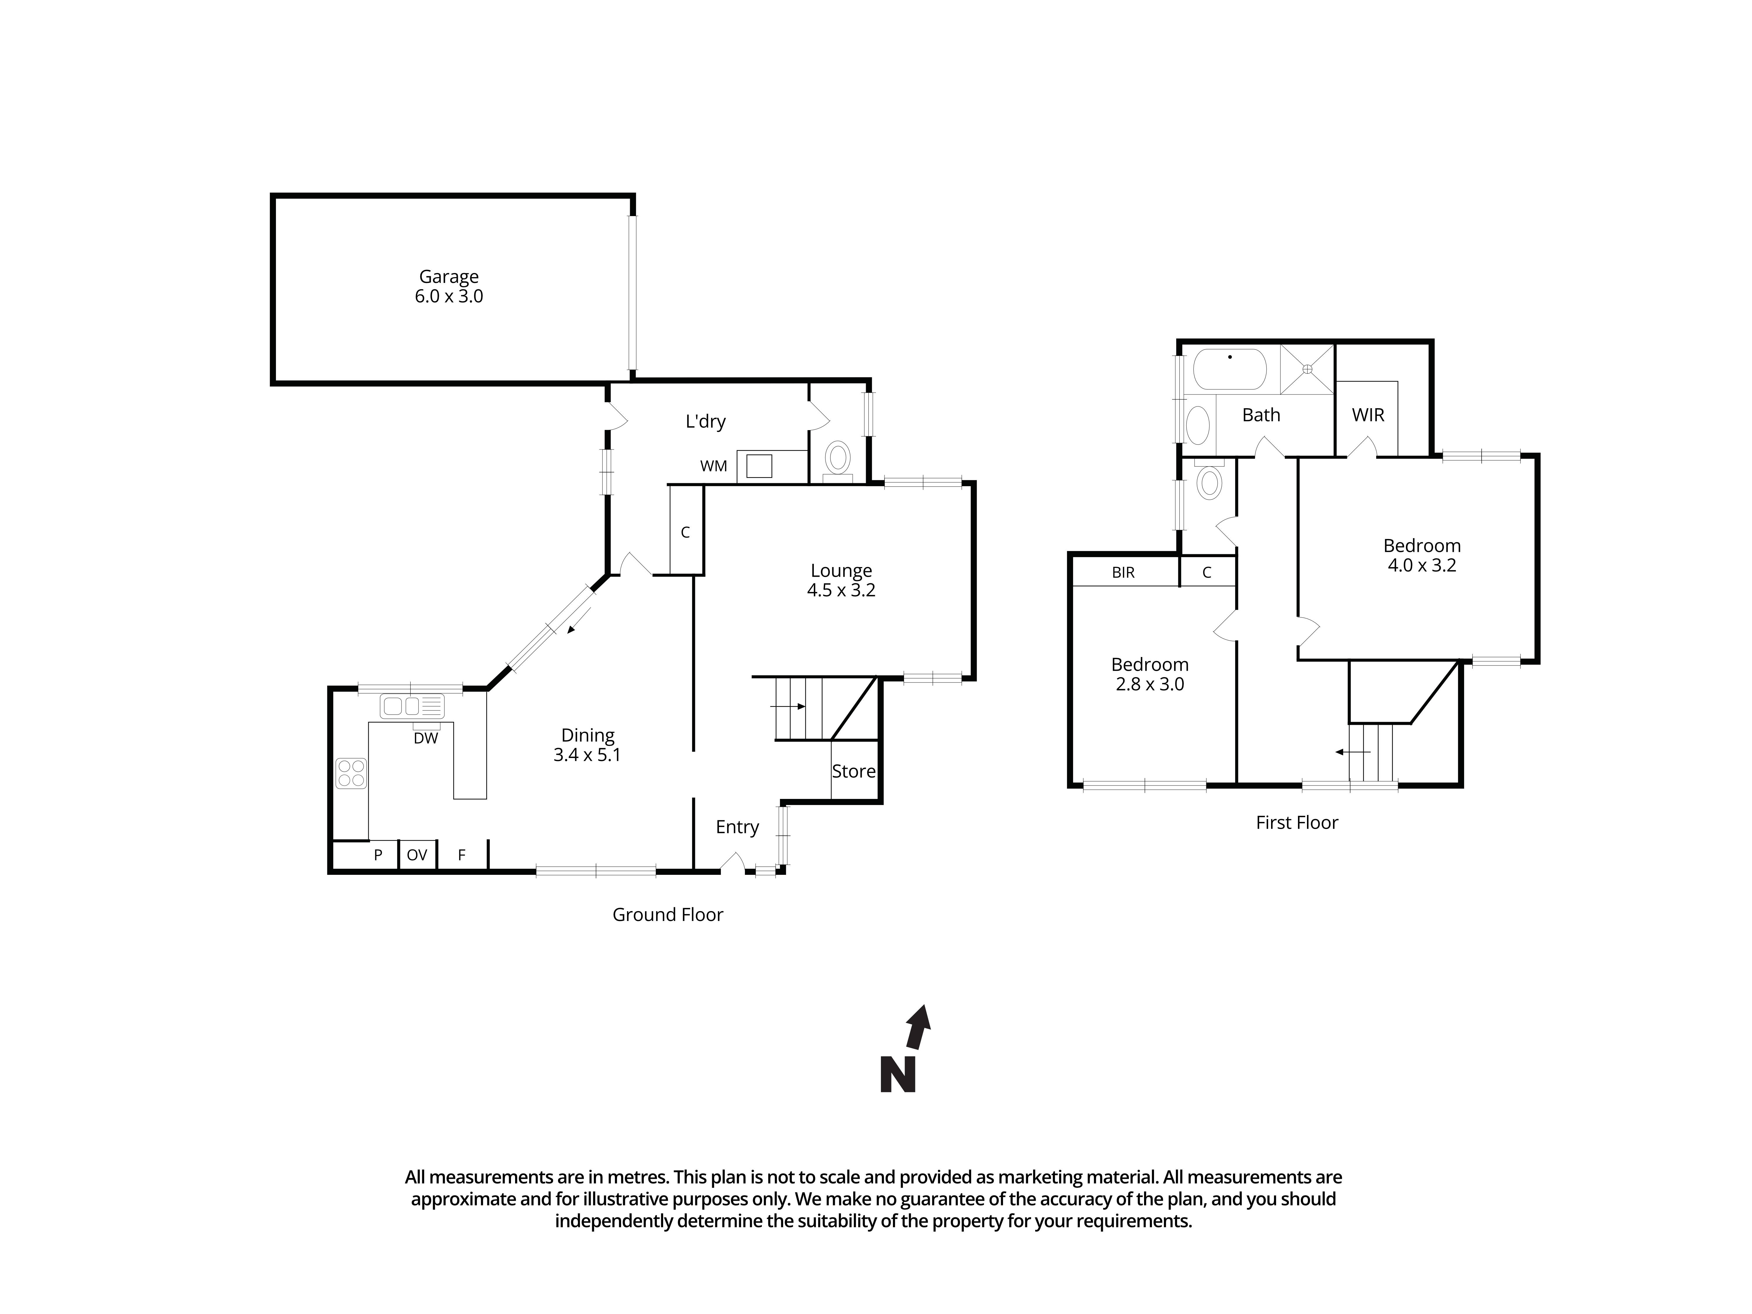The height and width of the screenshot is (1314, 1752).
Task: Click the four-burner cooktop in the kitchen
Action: click(351, 773)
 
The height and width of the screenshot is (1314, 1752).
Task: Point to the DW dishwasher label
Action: click(425, 738)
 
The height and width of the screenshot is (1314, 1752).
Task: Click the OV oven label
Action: click(417, 855)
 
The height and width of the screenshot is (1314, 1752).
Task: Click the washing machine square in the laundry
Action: click(759, 467)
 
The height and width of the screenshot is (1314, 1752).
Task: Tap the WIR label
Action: click(1368, 415)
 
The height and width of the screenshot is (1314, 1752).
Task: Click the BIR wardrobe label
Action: click(1123, 573)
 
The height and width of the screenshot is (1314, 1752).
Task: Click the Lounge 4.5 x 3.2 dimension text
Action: click(841, 590)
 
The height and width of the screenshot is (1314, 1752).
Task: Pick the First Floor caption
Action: click(1296, 823)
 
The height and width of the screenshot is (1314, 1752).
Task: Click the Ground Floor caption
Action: click(668, 915)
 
